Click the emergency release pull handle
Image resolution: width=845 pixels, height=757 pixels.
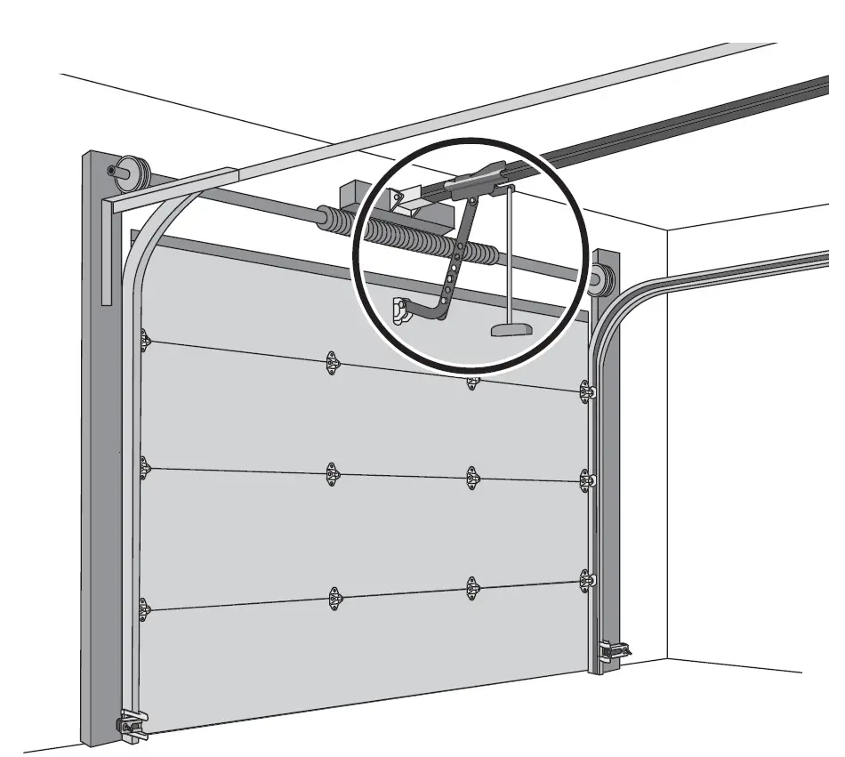click(x=510, y=330)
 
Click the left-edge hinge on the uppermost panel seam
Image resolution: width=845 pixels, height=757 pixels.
click(x=143, y=340)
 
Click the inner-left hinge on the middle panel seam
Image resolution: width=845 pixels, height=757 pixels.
click(x=332, y=474)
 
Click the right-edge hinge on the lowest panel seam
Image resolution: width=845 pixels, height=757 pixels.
click(x=586, y=581)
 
